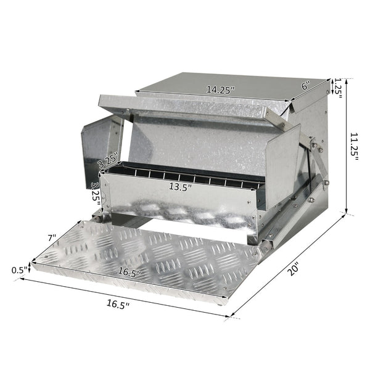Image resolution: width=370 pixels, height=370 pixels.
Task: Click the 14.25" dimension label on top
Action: (x=220, y=89)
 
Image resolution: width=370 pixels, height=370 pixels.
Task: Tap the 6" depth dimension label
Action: (x=305, y=87)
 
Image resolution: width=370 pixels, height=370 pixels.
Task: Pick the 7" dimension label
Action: (x=51, y=237)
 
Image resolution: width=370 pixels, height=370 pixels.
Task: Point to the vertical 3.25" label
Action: (x=94, y=192)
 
